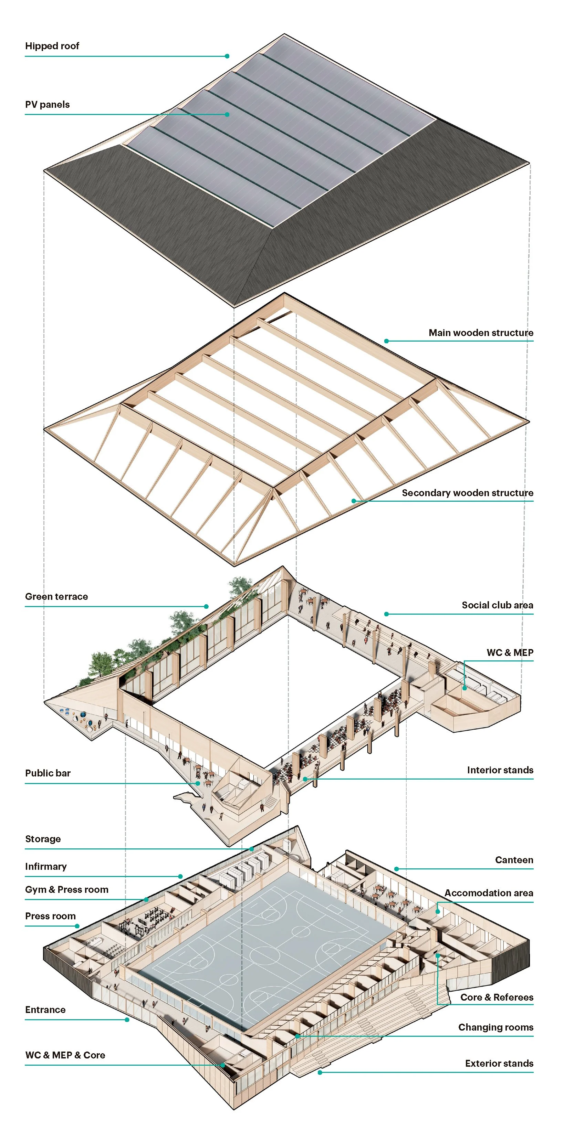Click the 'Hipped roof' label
point(52,46)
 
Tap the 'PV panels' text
point(47,105)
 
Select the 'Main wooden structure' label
point(481,333)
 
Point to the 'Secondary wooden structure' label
point(468,493)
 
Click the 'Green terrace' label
point(56,596)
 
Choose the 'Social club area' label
point(497,605)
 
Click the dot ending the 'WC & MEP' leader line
point(465,688)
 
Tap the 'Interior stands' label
point(500,770)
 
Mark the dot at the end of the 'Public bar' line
point(198,783)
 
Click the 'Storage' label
point(43,839)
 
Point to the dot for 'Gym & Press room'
point(146,900)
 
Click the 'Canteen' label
point(514,860)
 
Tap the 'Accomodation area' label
point(489,893)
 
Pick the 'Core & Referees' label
point(497,997)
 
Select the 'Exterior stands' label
point(499,1064)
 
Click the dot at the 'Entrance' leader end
point(127,1020)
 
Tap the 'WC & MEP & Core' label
point(65,1055)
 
